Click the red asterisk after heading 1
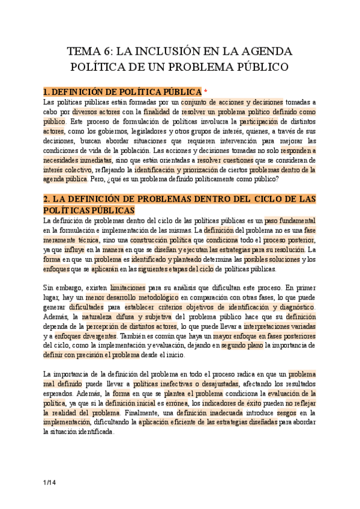[x=206, y=92]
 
